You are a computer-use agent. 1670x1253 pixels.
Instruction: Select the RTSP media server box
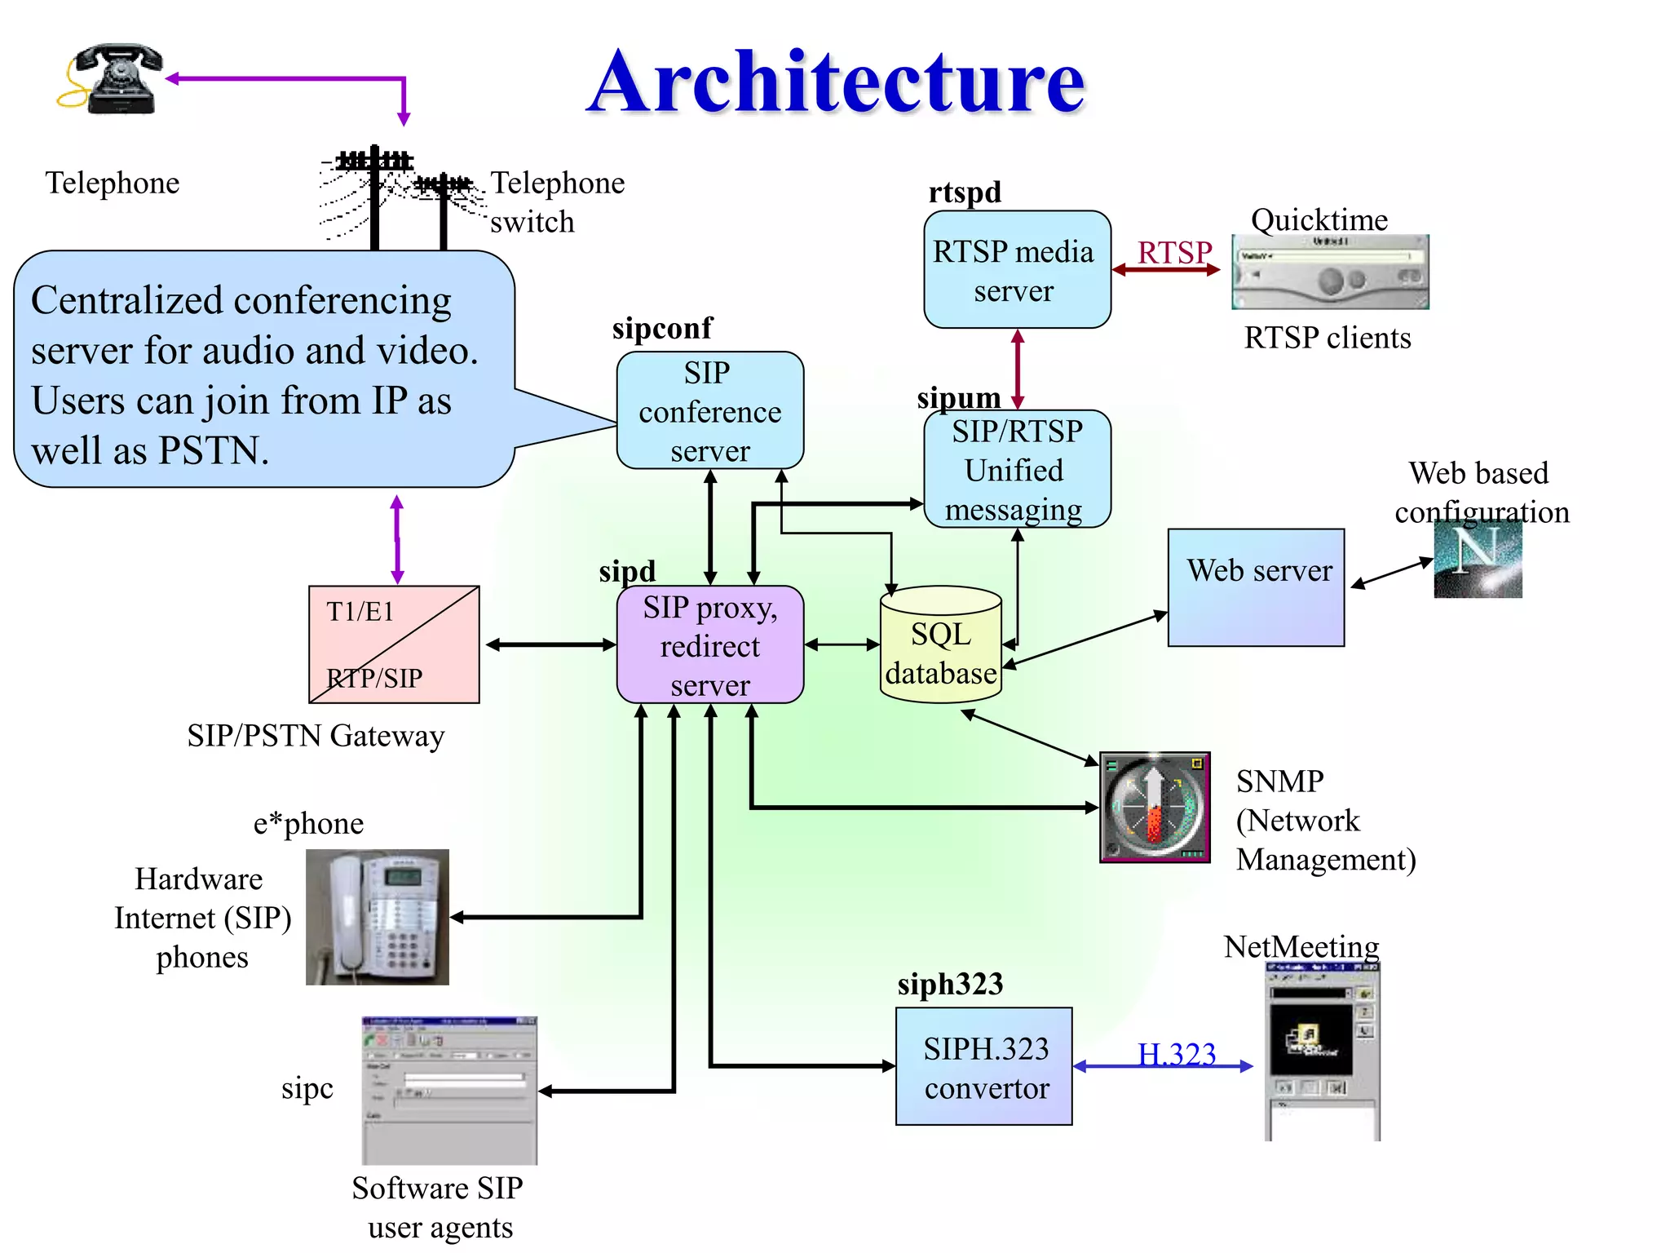coord(1016,270)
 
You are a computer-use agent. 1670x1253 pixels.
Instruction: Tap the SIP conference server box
coord(709,410)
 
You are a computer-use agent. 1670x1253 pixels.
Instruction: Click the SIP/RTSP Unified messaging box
coord(1016,469)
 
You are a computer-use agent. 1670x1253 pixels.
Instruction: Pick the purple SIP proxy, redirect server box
coord(709,644)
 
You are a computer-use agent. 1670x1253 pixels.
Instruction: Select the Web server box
coord(1256,587)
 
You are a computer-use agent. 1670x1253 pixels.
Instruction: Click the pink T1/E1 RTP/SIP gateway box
coord(394,644)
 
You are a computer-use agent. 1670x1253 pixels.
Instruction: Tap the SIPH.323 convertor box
coord(983,1066)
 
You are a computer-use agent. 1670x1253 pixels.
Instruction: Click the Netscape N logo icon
coord(1478,560)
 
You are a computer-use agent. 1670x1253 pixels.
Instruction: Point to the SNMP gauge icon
coord(1154,807)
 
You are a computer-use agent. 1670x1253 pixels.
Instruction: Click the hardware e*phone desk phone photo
coord(377,917)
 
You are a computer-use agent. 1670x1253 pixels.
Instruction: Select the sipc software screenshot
coord(449,1090)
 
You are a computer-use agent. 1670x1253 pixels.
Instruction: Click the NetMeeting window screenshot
coord(1322,1052)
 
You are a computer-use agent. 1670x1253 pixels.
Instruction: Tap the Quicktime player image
coord(1329,272)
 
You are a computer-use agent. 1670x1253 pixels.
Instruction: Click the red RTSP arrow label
coord(1174,252)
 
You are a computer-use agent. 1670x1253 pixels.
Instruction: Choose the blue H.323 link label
coord(1176,1054)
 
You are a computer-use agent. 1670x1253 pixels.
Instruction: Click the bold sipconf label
coord(662,328)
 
